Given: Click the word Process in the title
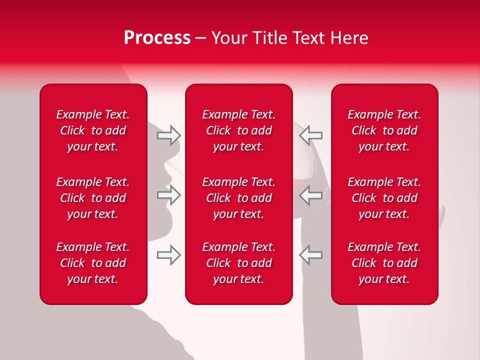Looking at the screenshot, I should click(157, 38).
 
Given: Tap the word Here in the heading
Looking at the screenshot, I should click(349, 38).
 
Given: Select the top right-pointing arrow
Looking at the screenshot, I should click(169, 135).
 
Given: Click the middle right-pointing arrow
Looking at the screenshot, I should click(169, 194).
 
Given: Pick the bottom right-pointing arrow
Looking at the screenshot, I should click(169, 254).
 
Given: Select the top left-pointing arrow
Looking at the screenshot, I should click(311, 135).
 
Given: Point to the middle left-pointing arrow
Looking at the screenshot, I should click(311, 194).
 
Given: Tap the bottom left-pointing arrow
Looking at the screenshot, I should click(311, 254).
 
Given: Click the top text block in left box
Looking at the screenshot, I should click(93, 130).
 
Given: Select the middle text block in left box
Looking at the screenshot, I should click(93, 198).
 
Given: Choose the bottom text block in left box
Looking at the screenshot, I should click(93, 263).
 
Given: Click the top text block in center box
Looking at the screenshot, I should click(239, 130).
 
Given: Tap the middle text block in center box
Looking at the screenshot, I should click(239, 198).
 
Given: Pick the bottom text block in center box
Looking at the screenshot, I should click(239, 263).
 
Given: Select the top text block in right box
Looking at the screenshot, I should click(384, 130).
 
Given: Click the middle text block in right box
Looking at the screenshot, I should click(384, 198).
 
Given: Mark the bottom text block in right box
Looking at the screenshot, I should click(384, 263).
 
